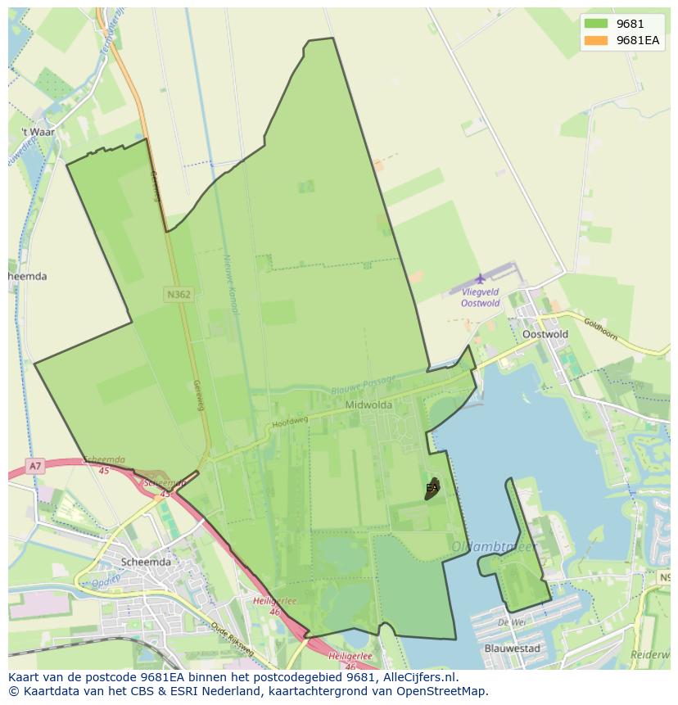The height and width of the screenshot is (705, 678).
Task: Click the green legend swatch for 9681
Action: (596, 25)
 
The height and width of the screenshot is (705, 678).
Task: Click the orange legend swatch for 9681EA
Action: (596, 41)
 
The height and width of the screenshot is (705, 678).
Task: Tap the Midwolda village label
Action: (368, 404)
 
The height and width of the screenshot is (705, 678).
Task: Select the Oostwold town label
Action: (545, 334)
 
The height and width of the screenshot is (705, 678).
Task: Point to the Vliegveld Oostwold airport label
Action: (480, 297)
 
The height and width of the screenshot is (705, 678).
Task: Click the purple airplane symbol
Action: (480, 278)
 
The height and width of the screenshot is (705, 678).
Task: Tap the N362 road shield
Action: (178, 294)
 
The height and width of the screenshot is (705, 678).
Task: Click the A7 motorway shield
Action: (34, 466)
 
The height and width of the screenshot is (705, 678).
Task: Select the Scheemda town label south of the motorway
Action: (146, 562)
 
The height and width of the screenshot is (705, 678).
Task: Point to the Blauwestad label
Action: (512, 649)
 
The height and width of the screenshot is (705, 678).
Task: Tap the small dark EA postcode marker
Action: (432, 489)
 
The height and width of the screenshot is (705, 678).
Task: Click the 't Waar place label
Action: (38, 132)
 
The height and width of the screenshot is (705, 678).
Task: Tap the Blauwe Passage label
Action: (363, 383)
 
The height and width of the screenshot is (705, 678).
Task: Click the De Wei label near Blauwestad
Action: (512, 621)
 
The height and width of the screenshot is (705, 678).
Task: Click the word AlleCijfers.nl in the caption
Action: (416, 677)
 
